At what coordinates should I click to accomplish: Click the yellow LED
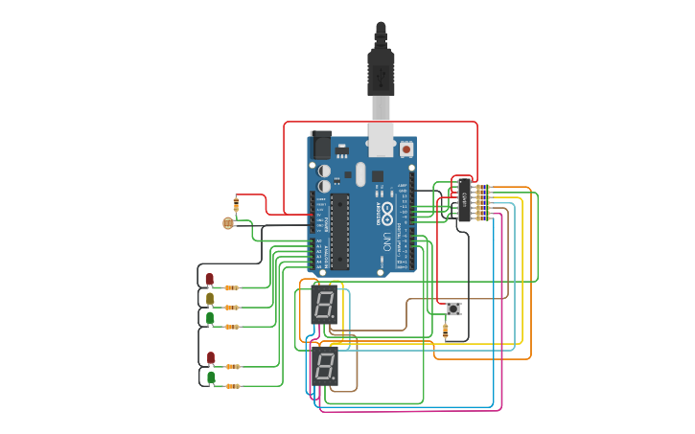210,299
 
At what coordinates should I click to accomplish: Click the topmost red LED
210,279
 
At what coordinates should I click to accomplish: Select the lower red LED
211,358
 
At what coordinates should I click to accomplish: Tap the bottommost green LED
211,377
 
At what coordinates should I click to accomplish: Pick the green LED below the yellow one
210,317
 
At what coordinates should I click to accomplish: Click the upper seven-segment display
324,304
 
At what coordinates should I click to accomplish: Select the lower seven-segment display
325,366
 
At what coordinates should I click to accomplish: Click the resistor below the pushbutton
445,331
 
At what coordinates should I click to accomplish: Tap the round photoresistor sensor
228,223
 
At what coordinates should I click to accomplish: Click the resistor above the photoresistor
237,203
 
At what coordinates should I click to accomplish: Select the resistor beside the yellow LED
232,308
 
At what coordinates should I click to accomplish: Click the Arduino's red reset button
406,149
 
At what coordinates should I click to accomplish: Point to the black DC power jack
321,146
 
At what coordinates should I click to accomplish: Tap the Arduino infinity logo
386,211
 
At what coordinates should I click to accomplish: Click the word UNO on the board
387,240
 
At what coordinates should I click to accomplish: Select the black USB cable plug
381,72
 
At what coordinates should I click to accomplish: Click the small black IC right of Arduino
464,200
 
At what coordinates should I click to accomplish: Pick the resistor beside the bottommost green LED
233,386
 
